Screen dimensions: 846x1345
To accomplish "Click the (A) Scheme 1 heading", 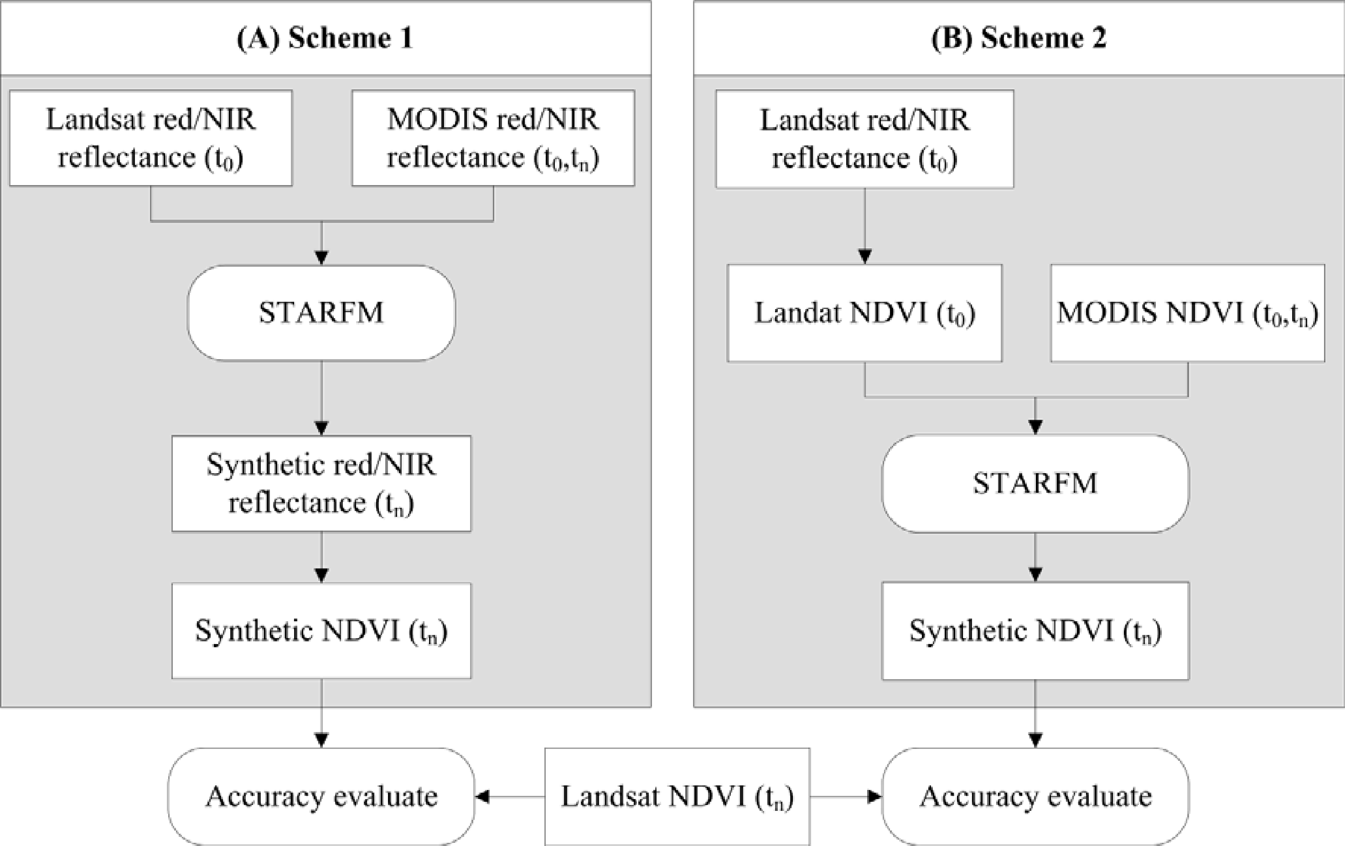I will (325, 38).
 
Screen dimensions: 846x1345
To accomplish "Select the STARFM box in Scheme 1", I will (321, 313).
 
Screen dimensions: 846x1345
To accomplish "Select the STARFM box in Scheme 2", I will (1035, 484).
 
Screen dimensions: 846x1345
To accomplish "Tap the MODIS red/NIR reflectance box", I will (493, 138).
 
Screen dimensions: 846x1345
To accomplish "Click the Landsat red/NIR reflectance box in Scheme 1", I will (151, 138).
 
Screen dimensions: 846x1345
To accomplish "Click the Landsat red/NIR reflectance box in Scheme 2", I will (864, 139).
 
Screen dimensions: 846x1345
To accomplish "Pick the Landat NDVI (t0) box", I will (864, 313).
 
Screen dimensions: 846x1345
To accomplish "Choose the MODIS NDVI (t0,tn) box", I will (1188, 313).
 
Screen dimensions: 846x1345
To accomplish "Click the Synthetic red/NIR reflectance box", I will (321, 484).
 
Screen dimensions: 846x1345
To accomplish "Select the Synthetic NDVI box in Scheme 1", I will (321, 631).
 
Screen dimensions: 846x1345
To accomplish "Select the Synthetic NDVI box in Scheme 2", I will (1035, 631).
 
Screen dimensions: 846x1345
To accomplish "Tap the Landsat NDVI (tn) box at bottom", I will (677, 797).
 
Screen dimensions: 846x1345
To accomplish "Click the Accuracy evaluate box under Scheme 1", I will (321, 797).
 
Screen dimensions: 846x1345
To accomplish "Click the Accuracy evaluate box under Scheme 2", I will (1035, 797).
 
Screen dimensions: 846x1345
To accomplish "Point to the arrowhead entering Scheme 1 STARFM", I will (321, 258).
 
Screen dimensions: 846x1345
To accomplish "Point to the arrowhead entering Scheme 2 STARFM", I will (1035, 427).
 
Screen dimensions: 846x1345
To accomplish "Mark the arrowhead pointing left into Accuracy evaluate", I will (482, 797).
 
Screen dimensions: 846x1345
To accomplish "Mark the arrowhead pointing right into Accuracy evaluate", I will (874, 797).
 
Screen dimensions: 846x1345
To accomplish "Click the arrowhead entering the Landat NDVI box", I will (864, 256).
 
